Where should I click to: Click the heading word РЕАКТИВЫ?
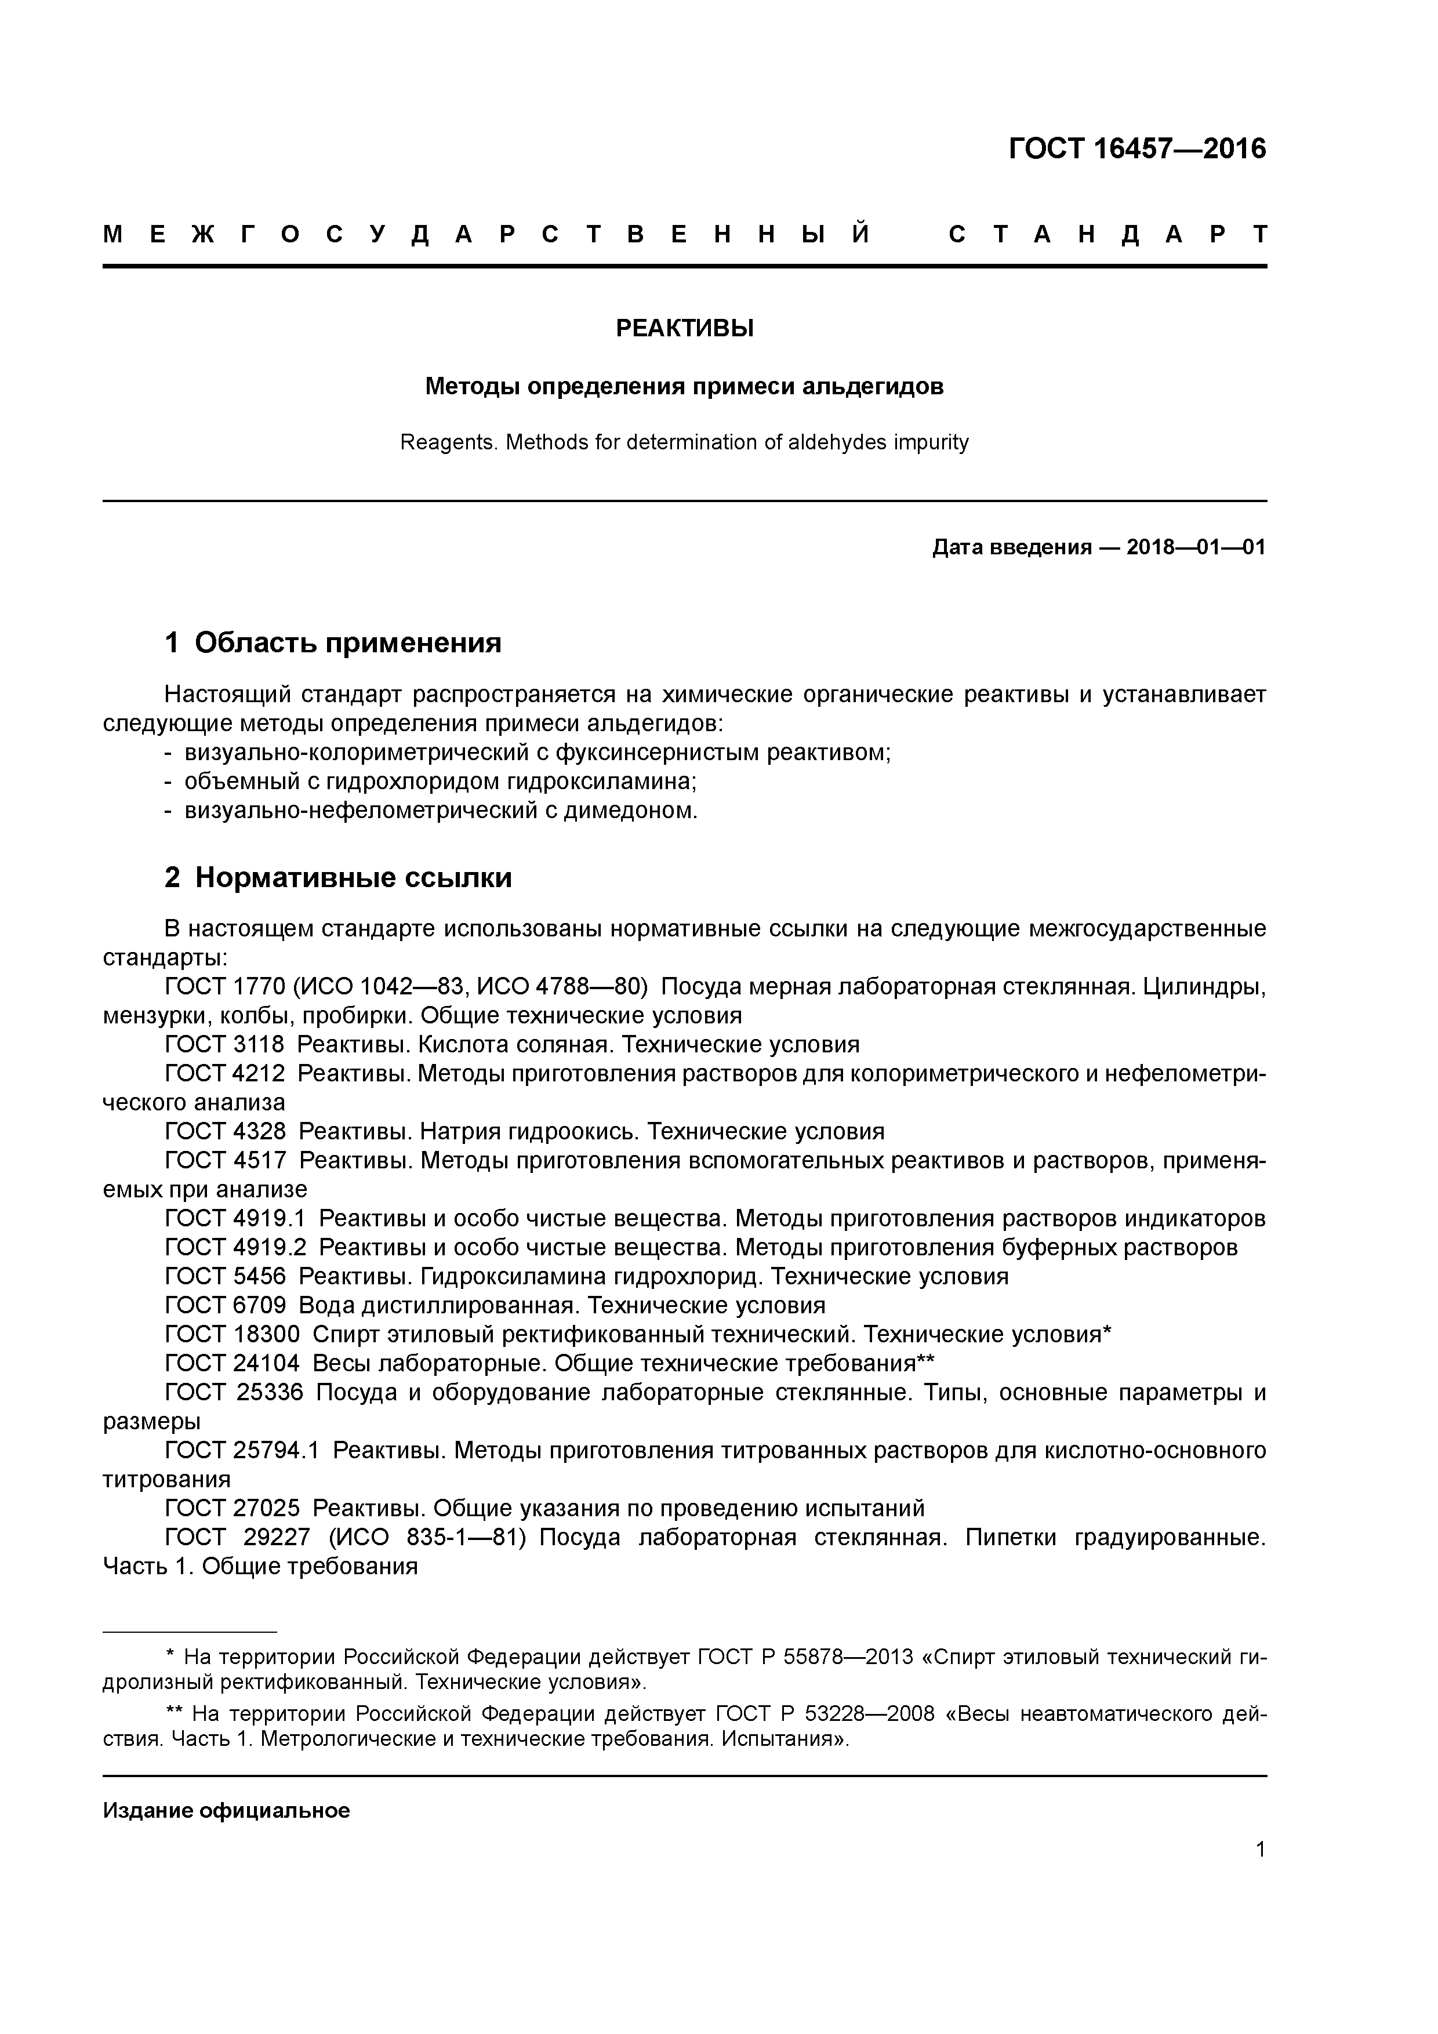click(x=684, y=329)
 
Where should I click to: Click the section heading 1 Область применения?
click(x=333, y=642)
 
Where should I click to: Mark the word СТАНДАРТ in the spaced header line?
click(x=1107, y=235)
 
